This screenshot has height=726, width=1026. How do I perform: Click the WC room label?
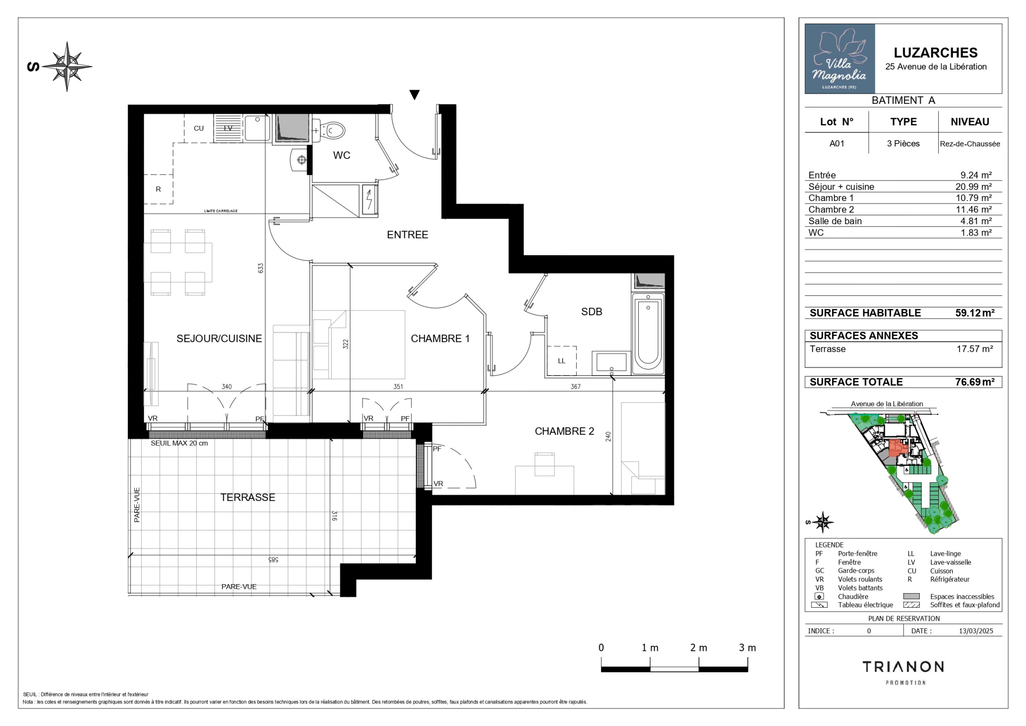click(342, 155)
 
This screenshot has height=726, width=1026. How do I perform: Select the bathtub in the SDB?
click(648, 333)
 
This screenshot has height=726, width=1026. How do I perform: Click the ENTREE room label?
click(407, 235)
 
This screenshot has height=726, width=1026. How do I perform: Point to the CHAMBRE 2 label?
click(564, 431)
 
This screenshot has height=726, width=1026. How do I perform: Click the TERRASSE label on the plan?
click(247, 497)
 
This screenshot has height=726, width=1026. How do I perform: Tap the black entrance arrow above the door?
click(414, 95)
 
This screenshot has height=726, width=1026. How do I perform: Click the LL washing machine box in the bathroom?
click(561, 360)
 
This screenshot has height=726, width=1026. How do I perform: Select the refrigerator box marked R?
click(158, 189)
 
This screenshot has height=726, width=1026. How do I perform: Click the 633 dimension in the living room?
click(261, 268)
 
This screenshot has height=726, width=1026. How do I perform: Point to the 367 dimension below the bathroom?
click(576, 387)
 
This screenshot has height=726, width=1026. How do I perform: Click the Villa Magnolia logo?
click(840, 59)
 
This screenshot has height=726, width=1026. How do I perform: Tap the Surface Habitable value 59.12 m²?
click(975, 313)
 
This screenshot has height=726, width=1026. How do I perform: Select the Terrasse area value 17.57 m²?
click(974, 349)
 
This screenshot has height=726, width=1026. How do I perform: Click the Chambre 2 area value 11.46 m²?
click(973, 210)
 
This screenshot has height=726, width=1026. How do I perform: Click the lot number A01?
click(837, 143)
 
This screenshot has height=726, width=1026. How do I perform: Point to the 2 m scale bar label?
click(698, 648)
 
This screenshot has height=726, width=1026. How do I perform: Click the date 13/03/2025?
click(976, 631)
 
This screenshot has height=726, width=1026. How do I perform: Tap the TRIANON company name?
click(903, 667)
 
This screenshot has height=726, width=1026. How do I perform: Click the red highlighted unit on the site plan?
click(898, 447)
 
